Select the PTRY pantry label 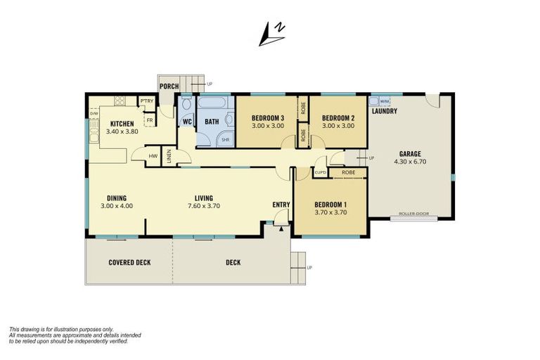click(x=147, y=101)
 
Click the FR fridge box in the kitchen click(x=150, y=120)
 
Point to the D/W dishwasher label click(x=94, y=113)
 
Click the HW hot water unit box click(x=153, y=155)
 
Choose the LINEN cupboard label click(x=169, y=156)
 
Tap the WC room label click(x=187, y=122)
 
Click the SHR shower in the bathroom click(x=226, y=139)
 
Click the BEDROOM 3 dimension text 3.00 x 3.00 click(x=267, y=126)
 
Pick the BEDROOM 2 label click(x=337, y=117)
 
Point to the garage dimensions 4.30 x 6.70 click(x=410, y=161)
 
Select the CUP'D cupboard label click(x=320, y=172)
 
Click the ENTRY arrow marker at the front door click(x=281, y=227)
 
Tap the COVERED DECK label click(x=129, y=262)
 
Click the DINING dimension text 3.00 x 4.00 click(x=117, y=206)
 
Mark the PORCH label click(x=169, y=86)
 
